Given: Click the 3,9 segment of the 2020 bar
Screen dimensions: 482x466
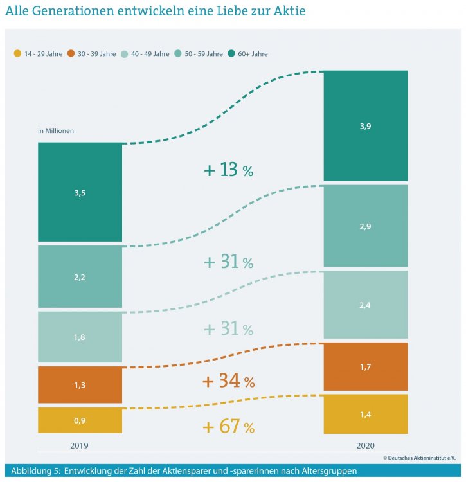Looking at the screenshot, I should point(365,126).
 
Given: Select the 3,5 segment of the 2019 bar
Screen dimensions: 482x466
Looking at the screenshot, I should point(80,192).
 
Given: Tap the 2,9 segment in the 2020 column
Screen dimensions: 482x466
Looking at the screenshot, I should point(365,226).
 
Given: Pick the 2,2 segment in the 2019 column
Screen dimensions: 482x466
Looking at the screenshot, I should point(80,277).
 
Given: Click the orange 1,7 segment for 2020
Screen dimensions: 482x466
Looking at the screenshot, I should point(365,366).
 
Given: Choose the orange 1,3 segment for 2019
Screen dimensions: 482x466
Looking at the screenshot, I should point(80,384).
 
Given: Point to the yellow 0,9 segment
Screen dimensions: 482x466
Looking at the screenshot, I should point(80,420).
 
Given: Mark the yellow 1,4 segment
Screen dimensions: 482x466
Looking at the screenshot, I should point(365,414).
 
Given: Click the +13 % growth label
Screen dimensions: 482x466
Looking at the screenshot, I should point(228,170).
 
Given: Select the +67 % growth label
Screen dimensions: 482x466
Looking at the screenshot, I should point(228,426).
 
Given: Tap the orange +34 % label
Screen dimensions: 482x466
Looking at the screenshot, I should point(228,381).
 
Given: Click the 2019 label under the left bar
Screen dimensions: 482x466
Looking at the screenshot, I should point(79,445).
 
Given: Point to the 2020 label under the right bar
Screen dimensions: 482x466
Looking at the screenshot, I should point(364,445).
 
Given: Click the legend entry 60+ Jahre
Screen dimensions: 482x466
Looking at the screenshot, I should point(251,54).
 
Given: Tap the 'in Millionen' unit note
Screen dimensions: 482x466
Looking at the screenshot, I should point(56,130).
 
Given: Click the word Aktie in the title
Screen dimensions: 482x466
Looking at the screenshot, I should point(287,11).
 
